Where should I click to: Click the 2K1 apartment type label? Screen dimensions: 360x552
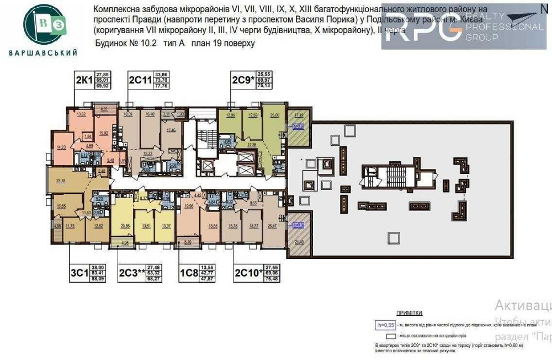84,81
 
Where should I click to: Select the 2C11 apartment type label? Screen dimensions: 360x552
140,81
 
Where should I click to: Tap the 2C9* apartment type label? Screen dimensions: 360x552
243,81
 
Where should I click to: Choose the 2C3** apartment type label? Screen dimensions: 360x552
133,272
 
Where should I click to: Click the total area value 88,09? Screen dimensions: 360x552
98,279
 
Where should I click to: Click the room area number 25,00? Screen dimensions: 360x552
274,115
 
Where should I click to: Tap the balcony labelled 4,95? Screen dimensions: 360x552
124,242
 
